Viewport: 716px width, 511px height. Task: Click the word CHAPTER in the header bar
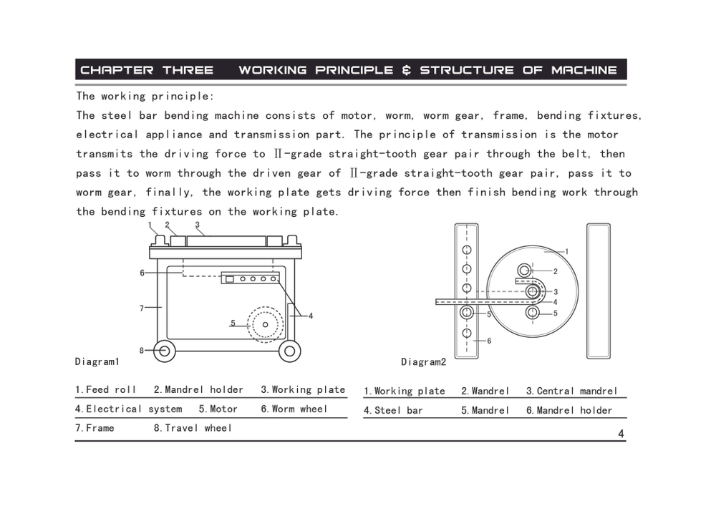point(117,70)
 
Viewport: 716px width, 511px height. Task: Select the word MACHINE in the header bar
point(584,70)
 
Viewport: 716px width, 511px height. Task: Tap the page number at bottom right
point(621,433)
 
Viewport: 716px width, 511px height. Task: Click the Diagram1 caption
point(97,361)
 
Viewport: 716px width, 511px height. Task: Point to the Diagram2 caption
point(423,362)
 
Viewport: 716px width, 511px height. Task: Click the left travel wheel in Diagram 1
point(164,351)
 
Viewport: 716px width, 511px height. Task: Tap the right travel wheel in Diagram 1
point(290,351)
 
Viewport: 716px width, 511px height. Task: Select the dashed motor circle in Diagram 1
point(266,324)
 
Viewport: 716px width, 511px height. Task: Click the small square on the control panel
point(229,279)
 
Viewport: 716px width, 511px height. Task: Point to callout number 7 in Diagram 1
point(142,308)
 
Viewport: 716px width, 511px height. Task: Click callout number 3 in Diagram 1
point(197,225)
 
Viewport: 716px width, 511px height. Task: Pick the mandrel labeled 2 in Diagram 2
point(525,271)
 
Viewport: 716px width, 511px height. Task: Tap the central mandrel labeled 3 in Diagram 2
point(532,291)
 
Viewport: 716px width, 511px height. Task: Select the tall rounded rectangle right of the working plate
point(599,291)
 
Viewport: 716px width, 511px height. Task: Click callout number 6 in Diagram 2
point(489,341)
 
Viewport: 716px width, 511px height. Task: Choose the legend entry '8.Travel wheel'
point(193,428)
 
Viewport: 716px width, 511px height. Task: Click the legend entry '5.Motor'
point(218,409)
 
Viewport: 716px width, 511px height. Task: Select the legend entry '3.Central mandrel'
point(571,391)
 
